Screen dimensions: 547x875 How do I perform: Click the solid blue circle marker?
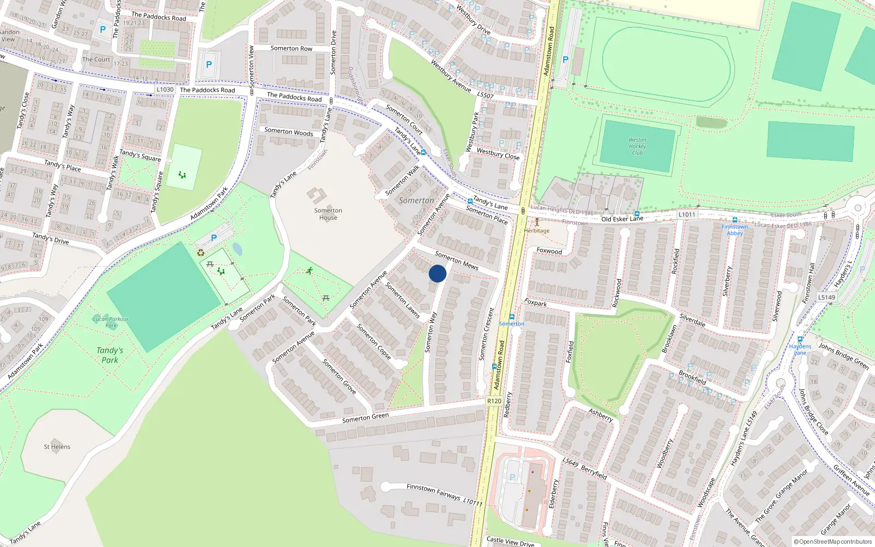(437, 273)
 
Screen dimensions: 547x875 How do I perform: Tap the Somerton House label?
(328, 214)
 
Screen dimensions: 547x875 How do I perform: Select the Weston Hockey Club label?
(637, 146)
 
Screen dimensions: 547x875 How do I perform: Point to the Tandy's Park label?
(110, 355)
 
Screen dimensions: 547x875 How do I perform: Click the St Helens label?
(57, 447)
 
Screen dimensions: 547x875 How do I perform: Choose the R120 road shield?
(494, 401)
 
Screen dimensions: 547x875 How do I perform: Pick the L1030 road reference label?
(165, 89)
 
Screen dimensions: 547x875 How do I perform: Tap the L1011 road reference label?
(687, 214)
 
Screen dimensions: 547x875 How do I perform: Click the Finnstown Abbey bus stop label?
(734, 230)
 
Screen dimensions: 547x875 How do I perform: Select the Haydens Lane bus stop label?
(800, 349)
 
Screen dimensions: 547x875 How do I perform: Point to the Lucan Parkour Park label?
(111, 322)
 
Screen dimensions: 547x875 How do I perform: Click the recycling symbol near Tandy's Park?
(201, 253)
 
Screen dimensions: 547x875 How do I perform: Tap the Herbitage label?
(536, 230)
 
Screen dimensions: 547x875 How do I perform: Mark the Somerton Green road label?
(365, 417)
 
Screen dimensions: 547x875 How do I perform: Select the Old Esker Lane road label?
(622, 219)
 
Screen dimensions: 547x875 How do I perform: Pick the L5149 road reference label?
(827, 298)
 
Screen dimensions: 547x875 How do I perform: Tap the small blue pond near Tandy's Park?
(237, 249)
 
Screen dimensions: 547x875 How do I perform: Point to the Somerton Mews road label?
(457, 260)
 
